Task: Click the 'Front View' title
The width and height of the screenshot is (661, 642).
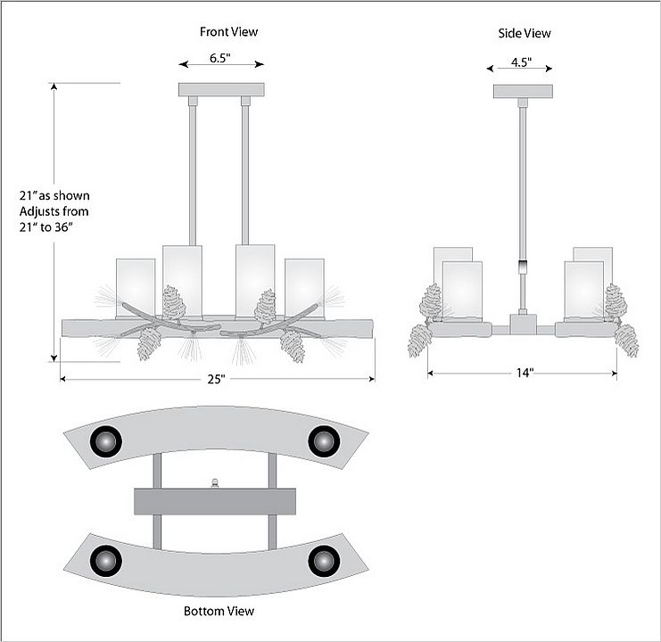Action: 228,32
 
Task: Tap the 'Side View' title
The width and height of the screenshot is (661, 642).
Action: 525,34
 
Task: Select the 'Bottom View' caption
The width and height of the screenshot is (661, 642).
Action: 219,611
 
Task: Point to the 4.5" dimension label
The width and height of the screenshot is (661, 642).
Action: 522,62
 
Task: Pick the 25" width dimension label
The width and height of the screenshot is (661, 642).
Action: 217,379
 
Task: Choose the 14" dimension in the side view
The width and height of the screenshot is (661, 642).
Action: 524,373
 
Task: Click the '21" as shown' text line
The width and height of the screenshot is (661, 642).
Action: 54,195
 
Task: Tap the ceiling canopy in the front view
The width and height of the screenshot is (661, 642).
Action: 221,89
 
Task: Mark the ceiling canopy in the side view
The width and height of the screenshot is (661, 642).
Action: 522,91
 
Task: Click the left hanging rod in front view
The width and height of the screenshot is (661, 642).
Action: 192,169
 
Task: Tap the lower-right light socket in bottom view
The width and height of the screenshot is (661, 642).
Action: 323,561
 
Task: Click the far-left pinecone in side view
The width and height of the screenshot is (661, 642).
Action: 419,340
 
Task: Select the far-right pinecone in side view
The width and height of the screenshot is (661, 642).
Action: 627,340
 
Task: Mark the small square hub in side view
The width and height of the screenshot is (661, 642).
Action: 521,322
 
